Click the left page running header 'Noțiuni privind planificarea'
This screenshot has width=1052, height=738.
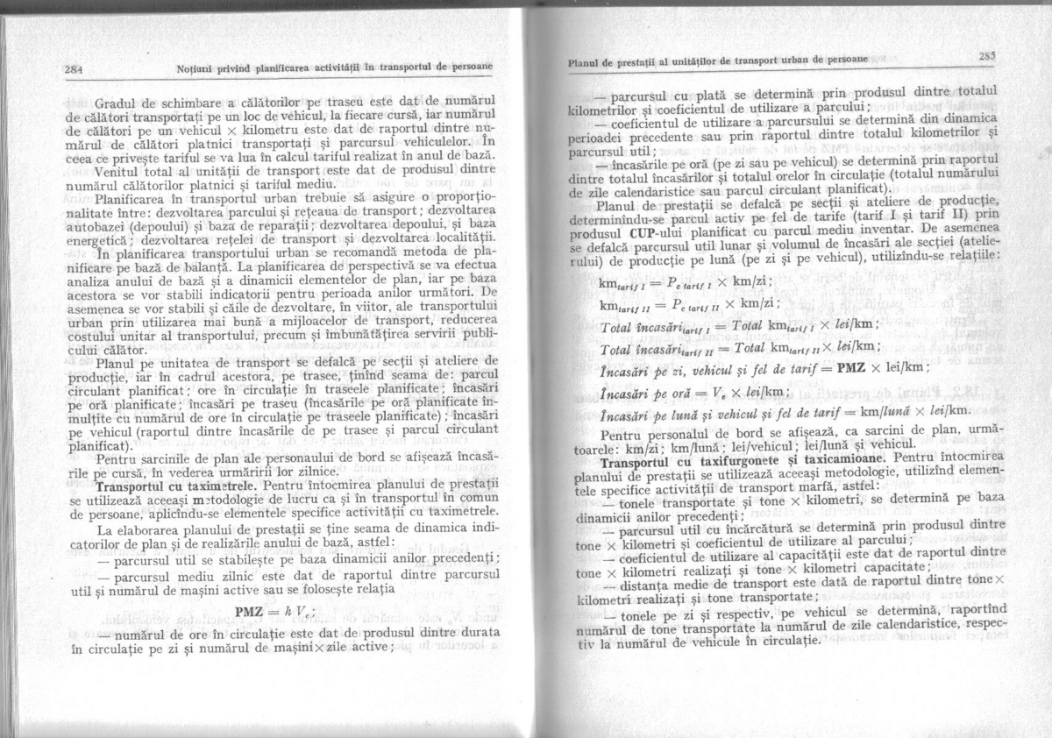click(x=332, y=67)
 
